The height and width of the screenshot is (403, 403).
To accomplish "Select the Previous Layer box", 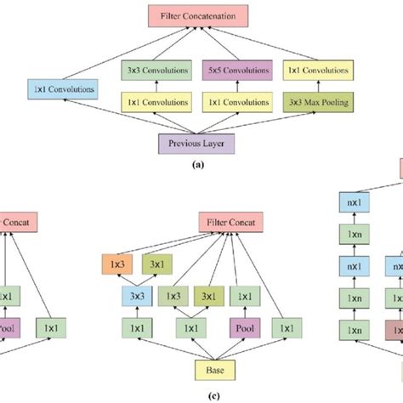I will (x=196, y=142).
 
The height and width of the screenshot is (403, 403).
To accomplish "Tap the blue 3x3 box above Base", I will (x=137, y=296).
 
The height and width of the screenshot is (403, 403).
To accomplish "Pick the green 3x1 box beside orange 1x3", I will (x=157, y=264).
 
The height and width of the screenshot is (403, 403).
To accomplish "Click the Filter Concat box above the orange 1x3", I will (x=231, y=223).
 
